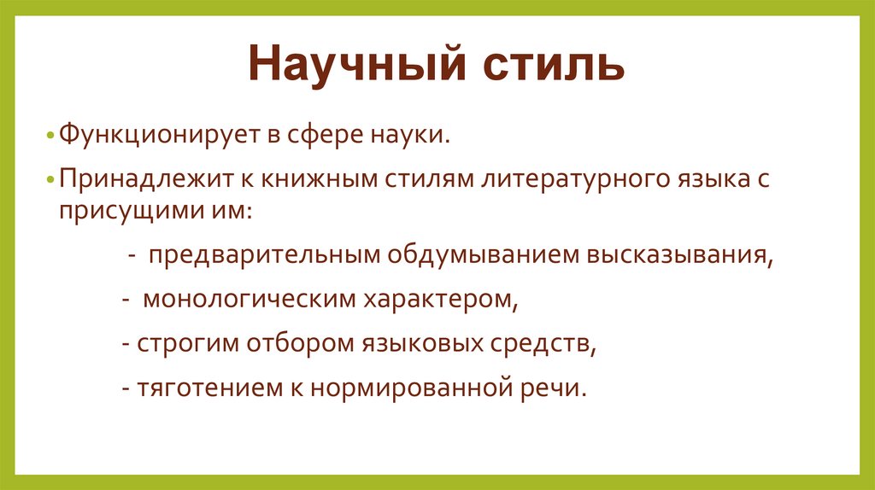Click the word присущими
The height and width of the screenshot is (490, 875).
pyautogui.click(x=118, y=209)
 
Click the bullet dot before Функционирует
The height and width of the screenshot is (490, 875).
pyautogui.click(x=51, y=137)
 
